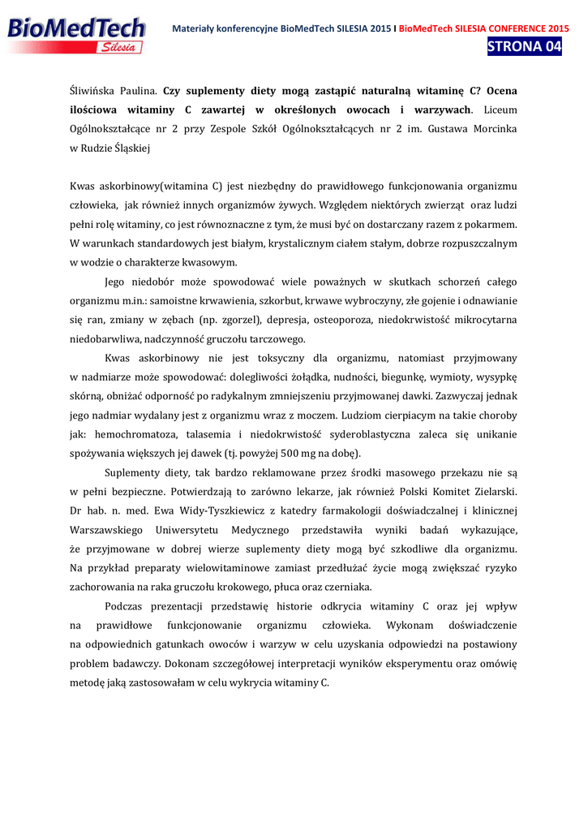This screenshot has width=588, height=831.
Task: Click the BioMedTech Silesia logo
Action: (x=76, y=35)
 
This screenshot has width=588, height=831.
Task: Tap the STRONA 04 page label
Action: (x=524, y=46)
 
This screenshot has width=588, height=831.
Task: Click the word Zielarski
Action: (x=490, y=491)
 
